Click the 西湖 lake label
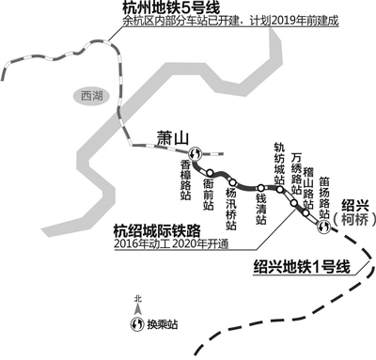pos(89,96)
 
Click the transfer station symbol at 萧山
pos(195,155)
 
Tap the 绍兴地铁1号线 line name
pos(301,267)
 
